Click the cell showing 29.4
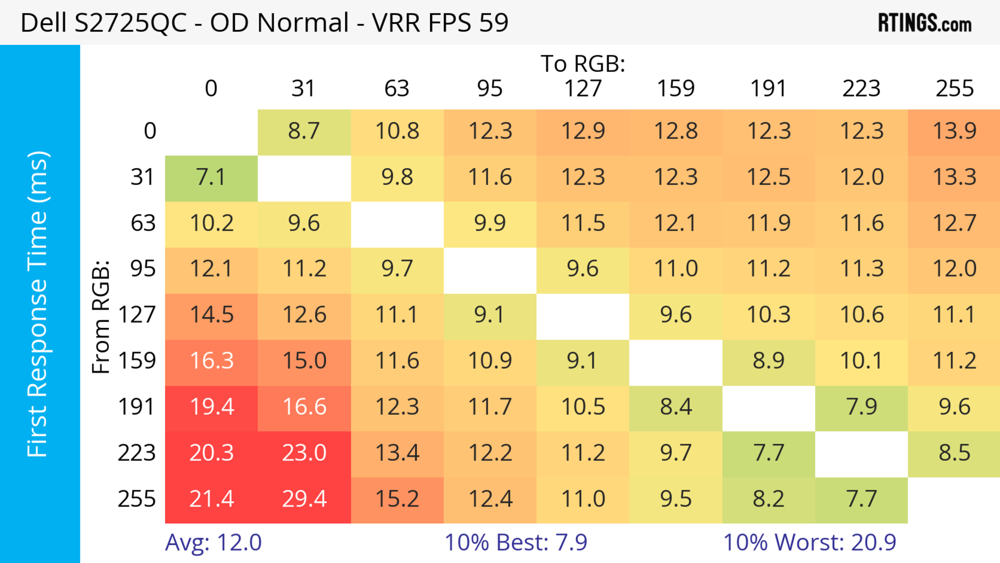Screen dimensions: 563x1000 pyautogui.click(x=304, y=499)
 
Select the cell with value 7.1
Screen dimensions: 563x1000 pyautogui.click(x=211, y=177)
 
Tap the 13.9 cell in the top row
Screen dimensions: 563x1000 pyautogui.click(x=954, y=131)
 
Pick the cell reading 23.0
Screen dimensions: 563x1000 pyautogui.click(x=304, y=453)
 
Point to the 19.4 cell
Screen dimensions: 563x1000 pyautogui.click(x=211, y=407)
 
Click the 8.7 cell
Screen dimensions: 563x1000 pyautogui.click(x=304, y=131)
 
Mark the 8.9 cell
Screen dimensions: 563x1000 pyautogui.click(x=769, y=361)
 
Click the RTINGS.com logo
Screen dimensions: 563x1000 pyautogui.click(x=925, y=23)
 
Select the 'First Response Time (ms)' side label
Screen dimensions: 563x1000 pyautogui.click(x=38, y=304)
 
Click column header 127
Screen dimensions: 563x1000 pyautogui.click(x=583, y=89)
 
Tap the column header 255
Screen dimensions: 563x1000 pyautogui.click(x=954, y=89)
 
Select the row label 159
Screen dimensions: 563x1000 pyautogui.click(x=137, y=361)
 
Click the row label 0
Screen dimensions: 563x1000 pyautogui.click(x=150, y=131)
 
